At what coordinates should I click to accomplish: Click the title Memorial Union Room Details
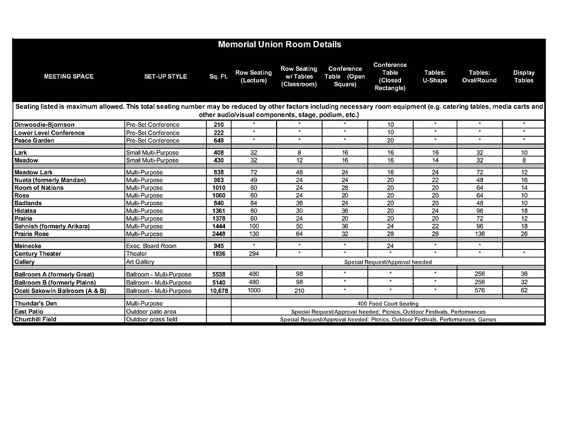coord(279,44)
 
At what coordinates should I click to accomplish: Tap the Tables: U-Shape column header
coord(435,77)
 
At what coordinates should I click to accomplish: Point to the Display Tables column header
coord(524,77)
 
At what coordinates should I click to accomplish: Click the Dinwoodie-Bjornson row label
coord(44,125)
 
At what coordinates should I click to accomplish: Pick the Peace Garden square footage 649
coord(218,141)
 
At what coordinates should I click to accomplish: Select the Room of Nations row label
coord(39,187)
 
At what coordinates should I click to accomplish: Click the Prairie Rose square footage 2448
coord(218,234)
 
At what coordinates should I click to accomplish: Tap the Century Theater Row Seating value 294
coord(254,254)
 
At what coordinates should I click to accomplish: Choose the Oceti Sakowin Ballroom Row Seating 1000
coord(254,291)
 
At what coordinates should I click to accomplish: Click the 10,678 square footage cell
coord(218,291)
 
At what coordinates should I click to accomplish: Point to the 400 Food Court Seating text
coord(387,304)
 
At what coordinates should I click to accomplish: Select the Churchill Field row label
coord(35,319)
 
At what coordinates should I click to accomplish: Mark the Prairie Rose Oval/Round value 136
coord(479,234)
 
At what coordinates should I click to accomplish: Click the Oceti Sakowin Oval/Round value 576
coord(479,291)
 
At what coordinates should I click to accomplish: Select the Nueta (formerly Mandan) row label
coord(50,180)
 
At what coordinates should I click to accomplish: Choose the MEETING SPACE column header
coord(69,77)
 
